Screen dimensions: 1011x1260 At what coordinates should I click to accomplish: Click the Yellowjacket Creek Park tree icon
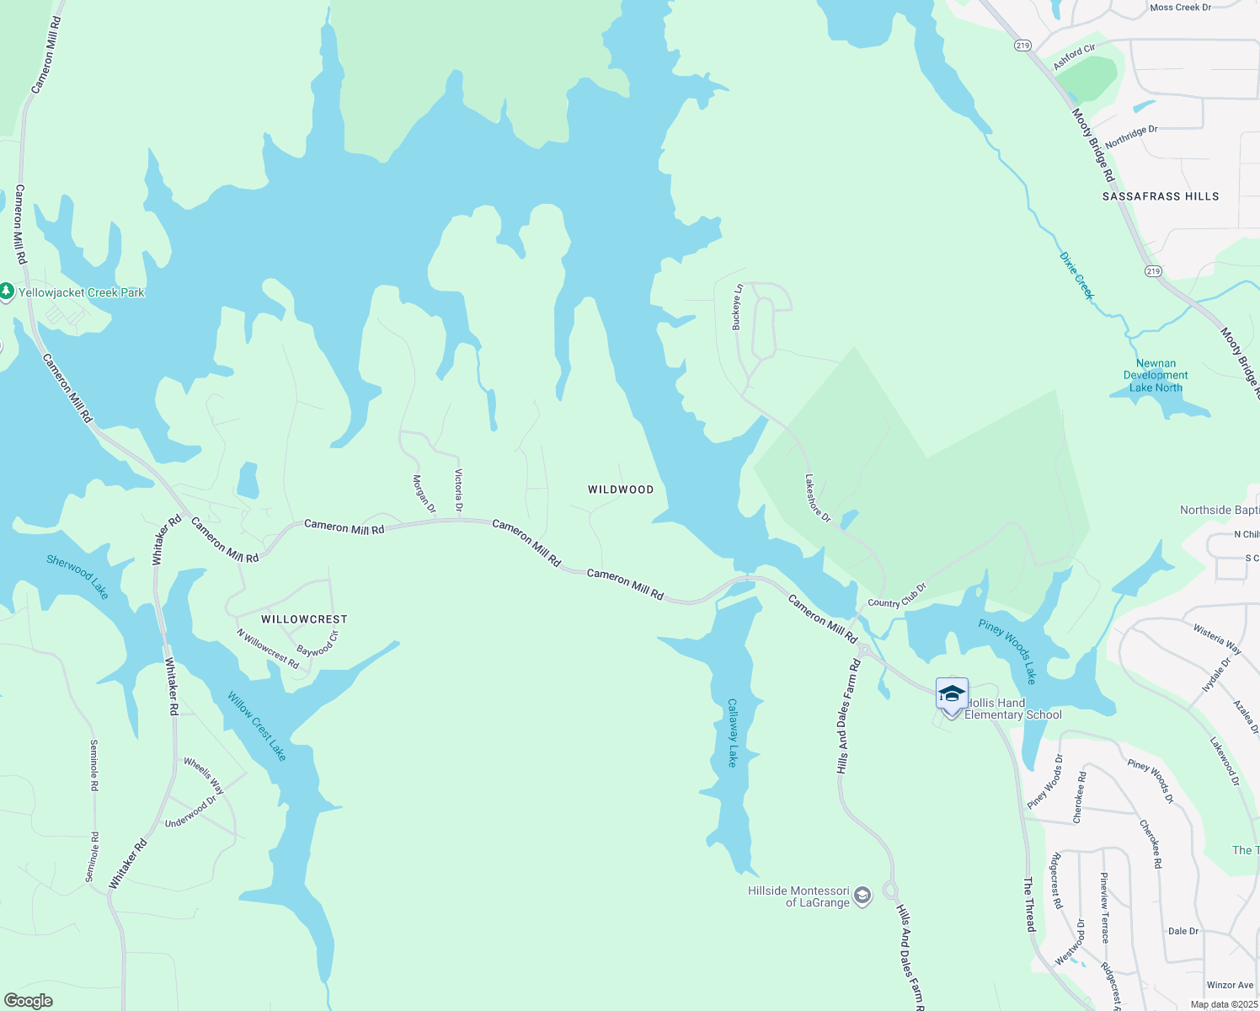[x=7, y=292]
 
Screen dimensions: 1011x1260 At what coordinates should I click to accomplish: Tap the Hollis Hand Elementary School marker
[x=952, y=695]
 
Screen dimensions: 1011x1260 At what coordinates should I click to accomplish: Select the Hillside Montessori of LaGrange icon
[x=862, y=896]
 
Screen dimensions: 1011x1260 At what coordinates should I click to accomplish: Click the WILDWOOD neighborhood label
[x=621, y=489]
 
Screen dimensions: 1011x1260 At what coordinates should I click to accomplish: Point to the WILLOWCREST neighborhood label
[x=304, y=619]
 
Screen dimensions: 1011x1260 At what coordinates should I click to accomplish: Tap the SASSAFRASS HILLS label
[x=1161, y=196]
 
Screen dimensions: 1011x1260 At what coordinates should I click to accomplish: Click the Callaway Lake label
[x=733, y=732]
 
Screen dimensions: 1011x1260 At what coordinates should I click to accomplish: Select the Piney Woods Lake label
[x=1007, y=651]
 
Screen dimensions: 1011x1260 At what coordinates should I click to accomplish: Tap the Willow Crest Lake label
[x=258, y=726]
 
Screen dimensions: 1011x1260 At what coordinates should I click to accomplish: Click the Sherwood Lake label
[x=77, y=577]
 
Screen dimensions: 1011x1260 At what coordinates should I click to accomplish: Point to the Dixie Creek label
[x=1076, y=275]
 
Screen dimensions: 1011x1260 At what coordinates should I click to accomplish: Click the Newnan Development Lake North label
[x=1156, y=376]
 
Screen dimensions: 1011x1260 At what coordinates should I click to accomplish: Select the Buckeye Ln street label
[x=738, y=307]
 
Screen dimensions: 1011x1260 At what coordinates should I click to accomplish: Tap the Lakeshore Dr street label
[x=817, y=499]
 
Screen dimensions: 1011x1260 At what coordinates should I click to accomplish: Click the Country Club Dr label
[x=897, y=596]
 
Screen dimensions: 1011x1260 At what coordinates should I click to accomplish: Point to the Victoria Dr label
[x=459, y=490]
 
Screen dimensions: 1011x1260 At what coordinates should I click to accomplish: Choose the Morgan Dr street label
[x=424, y=495]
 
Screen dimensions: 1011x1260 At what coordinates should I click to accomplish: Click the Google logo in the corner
[x=29, y=1001]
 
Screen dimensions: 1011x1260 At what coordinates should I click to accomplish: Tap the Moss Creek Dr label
[x=1180, y=8]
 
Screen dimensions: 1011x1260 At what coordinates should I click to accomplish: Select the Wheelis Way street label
[x=205, y=776]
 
